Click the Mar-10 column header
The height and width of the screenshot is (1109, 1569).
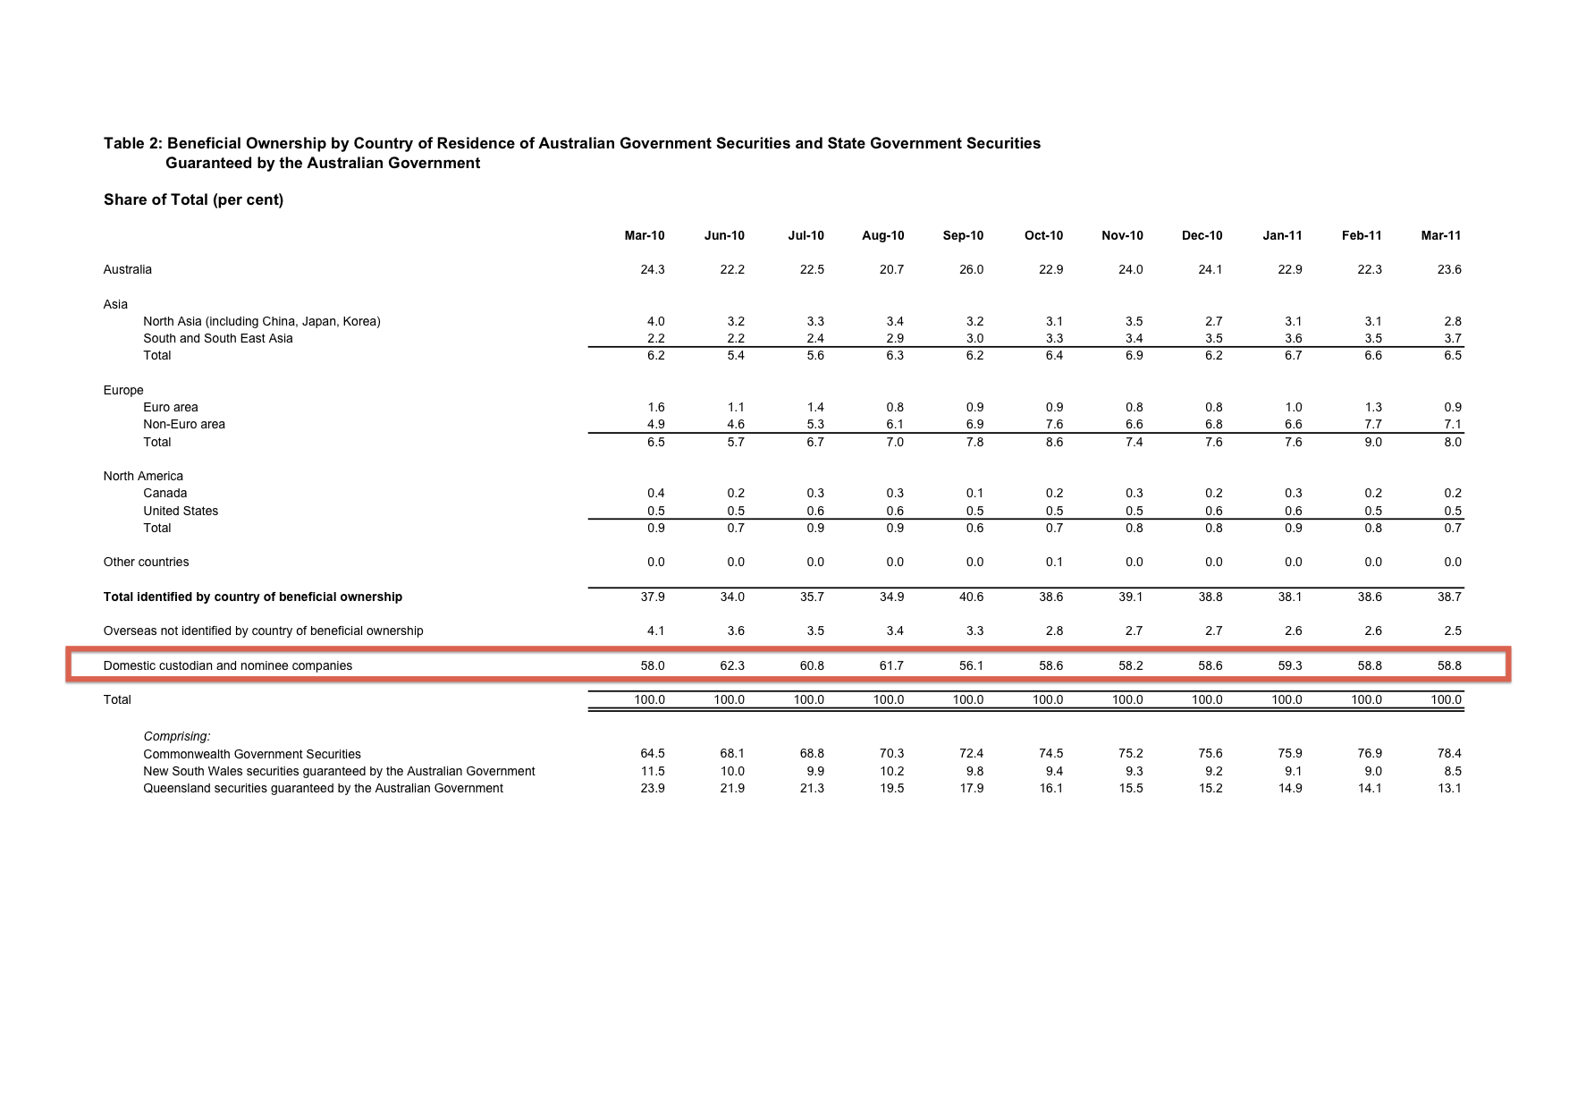click(x=644, y=236)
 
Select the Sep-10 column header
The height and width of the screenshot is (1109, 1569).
click(x=963, y=236)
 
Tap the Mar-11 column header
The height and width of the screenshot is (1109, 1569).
click(x=1440, y=236)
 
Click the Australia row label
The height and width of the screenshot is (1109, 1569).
click(x=128, y=270)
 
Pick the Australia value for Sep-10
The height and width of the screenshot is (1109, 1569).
click(x=971, y=270)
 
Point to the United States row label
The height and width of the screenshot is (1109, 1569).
click(x=181, y=512)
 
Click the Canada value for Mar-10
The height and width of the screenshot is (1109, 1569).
click(x=655, y=494)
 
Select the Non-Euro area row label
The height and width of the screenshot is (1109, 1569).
click(x=184, y=425)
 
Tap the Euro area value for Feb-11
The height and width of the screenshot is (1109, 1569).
click(x=1372, y=408)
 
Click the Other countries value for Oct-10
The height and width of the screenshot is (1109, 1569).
click(x=1054, y=563)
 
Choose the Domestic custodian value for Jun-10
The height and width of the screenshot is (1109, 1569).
click(x=732, y=666)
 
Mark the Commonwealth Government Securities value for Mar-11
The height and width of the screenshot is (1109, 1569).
click(x=1449, y=754)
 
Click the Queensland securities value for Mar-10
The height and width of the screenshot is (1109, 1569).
click(x=653, y=789)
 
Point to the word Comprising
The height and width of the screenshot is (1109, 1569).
click(x=177, y=737)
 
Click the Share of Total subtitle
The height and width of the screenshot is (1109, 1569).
click(x=193, y=200)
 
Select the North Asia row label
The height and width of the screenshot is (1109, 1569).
click(x=262, y=322)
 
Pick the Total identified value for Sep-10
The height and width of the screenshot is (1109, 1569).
click(x=971, y=597)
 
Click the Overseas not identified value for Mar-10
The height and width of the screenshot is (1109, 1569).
click(x=655, y=631)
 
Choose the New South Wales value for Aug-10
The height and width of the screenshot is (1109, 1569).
click(x=891, y=772)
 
